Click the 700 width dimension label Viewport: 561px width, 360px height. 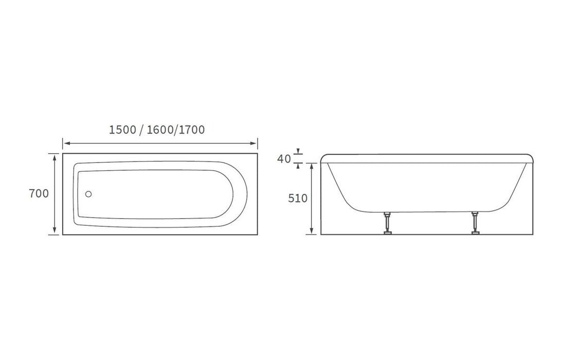tap(40, 194)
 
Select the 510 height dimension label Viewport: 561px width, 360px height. tap(298, 199)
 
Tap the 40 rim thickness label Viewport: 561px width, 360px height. tap(284, 158)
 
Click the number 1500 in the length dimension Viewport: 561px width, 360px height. tap(123, 130)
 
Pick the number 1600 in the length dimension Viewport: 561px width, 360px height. tap(160, 130)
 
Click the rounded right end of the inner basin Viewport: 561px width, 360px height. tap(238, 194)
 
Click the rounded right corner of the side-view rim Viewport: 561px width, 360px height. tap(530, 157)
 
